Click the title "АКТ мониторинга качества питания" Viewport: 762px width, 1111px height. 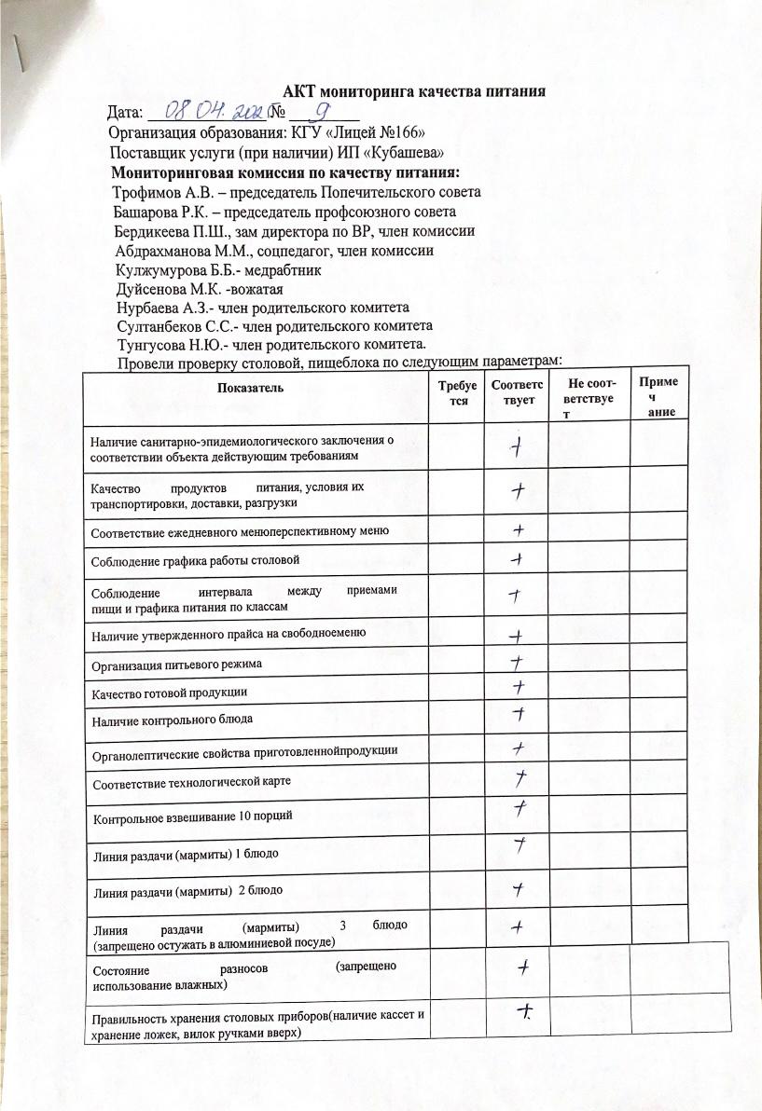[x=413, y=91]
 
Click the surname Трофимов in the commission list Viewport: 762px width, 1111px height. [x=149, y=193]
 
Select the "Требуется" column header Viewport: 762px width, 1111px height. [x=455, y=392]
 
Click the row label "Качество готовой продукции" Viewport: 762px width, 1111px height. [x=169, y=693]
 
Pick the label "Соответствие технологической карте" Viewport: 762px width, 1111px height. [x=185, y=783]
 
